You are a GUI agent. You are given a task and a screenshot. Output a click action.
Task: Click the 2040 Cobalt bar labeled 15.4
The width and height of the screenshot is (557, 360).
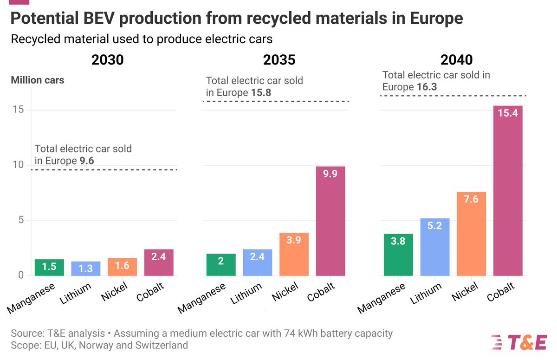click(x=507, y=191)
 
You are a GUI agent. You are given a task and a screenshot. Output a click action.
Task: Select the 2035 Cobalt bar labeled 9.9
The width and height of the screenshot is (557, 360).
click(x=330, y=221)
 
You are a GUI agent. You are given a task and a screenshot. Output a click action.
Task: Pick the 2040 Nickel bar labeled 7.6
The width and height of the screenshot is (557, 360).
click(x=471, y=234)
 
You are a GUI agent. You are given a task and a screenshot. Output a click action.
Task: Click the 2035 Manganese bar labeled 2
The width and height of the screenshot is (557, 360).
click(x=220, y=265)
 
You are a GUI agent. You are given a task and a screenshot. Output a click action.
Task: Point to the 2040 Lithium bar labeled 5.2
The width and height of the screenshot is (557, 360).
click(x=435, y=247)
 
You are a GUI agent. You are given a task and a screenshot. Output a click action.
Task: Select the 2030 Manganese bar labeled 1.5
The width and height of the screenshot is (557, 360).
click(x=50, y=268)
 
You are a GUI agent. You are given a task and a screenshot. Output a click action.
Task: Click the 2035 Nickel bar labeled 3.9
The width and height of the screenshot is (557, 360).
click(x=294, y=254)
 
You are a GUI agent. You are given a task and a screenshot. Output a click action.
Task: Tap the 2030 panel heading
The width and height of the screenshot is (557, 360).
click(x=107, y=60)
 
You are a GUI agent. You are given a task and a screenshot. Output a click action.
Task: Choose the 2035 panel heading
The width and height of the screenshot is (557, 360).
click(x=279, y=60)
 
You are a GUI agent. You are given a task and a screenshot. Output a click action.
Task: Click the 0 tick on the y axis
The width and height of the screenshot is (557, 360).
click(x=20, y=276)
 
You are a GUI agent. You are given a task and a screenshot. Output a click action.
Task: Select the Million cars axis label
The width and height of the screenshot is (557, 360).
click(x=38, y=80)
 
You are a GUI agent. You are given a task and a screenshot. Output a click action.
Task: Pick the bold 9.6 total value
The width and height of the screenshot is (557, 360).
click(x=87, y=161)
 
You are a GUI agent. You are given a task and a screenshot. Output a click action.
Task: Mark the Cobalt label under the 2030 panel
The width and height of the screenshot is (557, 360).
click(x=151, y=292)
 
